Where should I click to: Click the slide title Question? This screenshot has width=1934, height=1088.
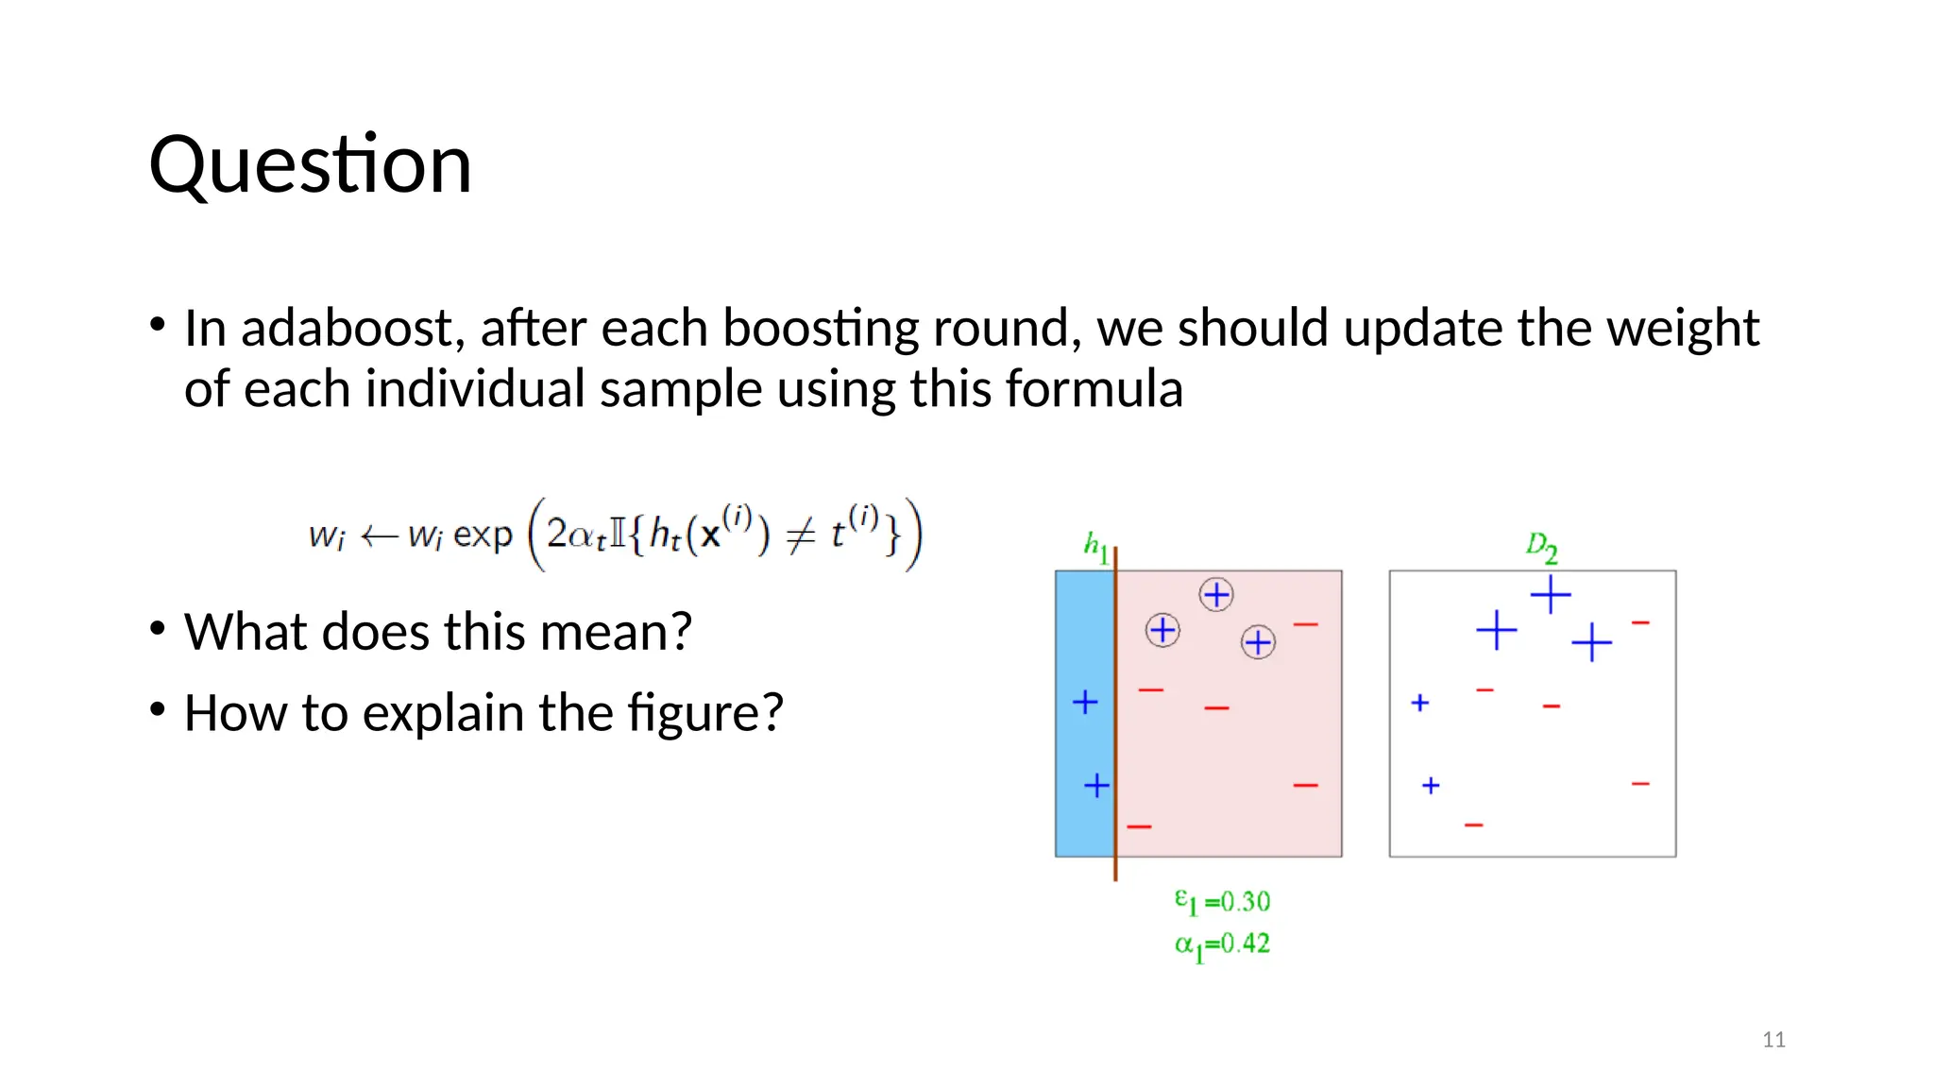tap(310, 165)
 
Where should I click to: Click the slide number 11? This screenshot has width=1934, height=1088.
tap(1773, 1040)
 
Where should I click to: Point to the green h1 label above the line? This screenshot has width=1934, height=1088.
tap(1095, 545)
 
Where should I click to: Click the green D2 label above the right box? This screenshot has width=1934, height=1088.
tap(1541, 547)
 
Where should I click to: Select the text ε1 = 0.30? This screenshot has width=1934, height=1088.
tap(1222, 902)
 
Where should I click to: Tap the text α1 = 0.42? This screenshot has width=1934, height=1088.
tap(1222, 944)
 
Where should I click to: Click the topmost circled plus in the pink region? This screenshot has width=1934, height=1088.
tap(1216, 595)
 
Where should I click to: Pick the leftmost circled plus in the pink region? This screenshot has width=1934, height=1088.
tap(1162, 630)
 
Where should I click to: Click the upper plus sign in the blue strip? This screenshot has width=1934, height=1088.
tap(1085, 702)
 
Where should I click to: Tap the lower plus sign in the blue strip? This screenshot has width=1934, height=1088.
tap(1096, 786)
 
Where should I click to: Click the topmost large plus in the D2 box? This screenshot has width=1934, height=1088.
tap(1550, 595)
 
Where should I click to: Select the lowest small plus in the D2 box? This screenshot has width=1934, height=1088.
tap(1431, 786)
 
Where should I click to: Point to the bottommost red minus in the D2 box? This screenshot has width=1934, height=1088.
tap(1474, 825)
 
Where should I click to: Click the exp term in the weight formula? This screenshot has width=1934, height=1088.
tap(483, 535)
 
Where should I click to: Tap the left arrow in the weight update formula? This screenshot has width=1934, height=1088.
tap(379, 536)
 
